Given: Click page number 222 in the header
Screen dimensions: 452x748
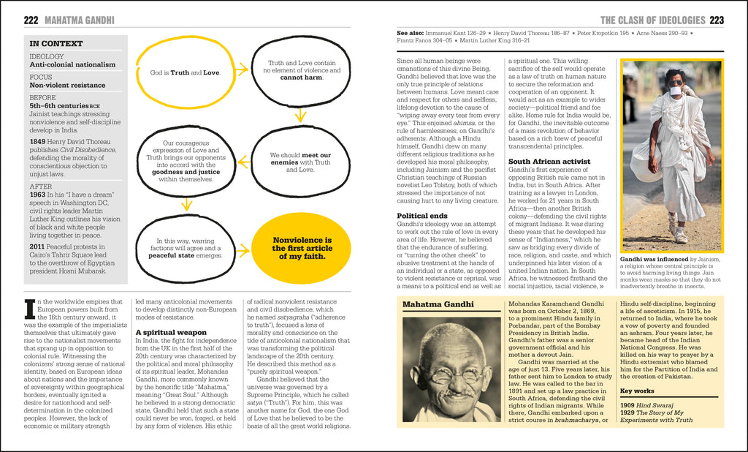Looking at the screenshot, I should [31, 20].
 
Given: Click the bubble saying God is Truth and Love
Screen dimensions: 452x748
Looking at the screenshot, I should [185, 73].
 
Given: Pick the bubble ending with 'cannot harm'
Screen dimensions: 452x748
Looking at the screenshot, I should [302, 70].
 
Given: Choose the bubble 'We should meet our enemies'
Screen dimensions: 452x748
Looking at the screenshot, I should [300, 162].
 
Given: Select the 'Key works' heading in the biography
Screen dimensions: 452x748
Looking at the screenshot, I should [636, 391].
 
